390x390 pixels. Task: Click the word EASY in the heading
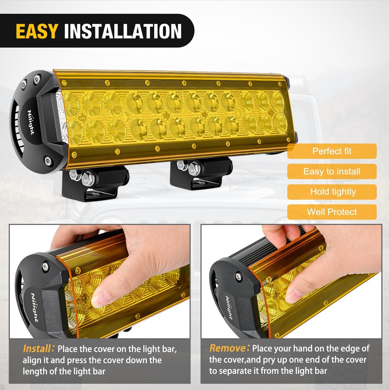(x=36, y=31)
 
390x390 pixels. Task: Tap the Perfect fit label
(x=332, y=151)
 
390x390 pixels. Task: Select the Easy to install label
(x=332, y=171)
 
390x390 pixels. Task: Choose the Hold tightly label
(x=332, y=192)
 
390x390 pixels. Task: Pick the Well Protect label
(x=332, y=212)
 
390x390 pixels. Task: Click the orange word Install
(x=37, y=349)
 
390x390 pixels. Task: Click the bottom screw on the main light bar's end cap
(x=48, y=159)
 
